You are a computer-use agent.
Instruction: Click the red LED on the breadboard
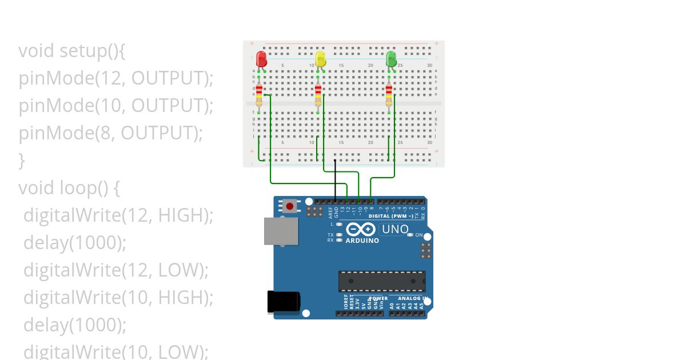click(261, 59)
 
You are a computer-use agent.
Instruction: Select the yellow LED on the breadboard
click(320, 59)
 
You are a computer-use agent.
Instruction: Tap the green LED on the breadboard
click(391, 59)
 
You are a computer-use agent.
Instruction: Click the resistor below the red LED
click(259, 95)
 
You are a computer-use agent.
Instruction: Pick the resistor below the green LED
click(389, 95)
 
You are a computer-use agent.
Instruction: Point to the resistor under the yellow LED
click(318, 95)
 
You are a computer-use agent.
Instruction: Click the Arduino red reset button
click(290, 206)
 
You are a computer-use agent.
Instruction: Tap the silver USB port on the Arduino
click(281, 231)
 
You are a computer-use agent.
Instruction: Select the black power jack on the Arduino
click(284, 302)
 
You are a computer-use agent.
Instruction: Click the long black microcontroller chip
click(382, 281)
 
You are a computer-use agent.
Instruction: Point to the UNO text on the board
click(395, 229)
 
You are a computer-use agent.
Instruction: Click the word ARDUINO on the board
click(362, 241)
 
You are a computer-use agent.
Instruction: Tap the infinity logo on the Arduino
click(361, 229)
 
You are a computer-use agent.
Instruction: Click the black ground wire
click(335, 180)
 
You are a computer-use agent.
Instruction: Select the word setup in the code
click(82, 51)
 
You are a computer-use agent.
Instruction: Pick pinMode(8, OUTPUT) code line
click(111, 133)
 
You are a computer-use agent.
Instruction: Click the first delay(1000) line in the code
click(74, 243)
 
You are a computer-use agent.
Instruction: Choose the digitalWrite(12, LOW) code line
click(115, 270)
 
